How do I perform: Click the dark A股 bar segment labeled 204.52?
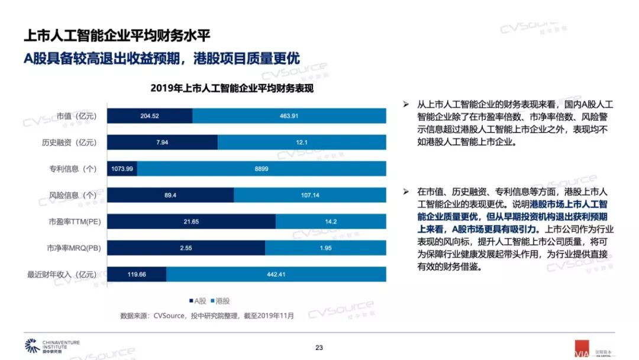pyautogui.click(x=150, y=116)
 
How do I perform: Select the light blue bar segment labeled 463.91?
pyautogui.click(x=289, y=116)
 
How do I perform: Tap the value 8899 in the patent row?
pyautogui.click(x=262, y=169)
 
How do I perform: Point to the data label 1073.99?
pyautogui.click(x=122, y=169)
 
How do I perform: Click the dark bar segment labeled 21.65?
pyautogui.click(x=191, y=221)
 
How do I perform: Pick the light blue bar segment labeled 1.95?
pyautogui.click(x=326, y=248)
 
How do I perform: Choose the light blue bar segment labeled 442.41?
pyautogui.click(x=276, y=275)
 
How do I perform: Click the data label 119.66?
pyautogui.click(x=137, y=275)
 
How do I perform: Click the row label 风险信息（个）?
pyautogui.click(x=73, y=195)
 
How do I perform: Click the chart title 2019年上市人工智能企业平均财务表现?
pyautogui.click(x=231, y=88)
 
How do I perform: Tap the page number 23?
pyautogui.click(x=319, y=348)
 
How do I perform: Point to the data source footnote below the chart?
pyautogui.click(x=206, y=316)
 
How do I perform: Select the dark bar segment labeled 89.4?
pyautogui.click(x=171, y=195)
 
